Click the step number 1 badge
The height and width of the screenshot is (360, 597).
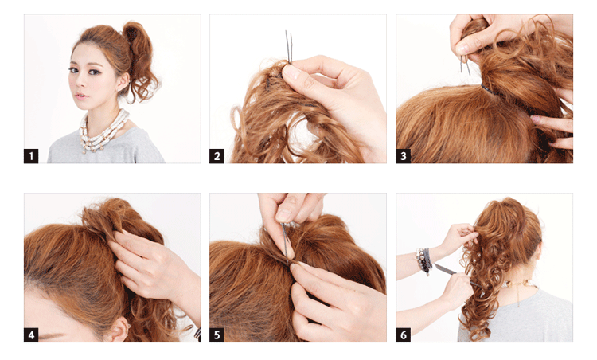(x=31, y=156)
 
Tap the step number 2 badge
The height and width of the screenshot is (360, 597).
(x=217, y=156)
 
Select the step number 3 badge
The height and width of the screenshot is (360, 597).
(x=404, y=156)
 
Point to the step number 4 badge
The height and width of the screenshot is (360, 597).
(x=31, y=335)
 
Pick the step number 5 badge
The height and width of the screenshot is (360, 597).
(x=217, y=335)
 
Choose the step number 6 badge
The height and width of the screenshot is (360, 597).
(x=404, y=335)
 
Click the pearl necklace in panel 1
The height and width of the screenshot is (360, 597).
(x=104, y=131)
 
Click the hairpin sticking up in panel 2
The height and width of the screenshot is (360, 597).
(x=289, y=47)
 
